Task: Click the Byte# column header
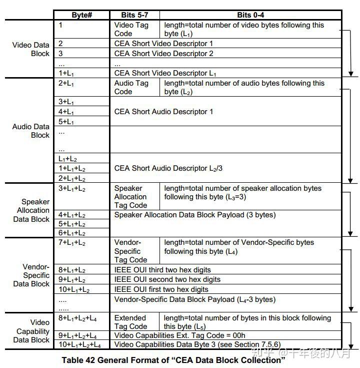click(x=81, y=15)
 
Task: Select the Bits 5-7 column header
click(x=134, y=15)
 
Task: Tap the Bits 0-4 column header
click(x=250, y=15)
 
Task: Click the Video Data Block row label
click(x=31, y=49)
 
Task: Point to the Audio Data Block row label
click(x=31, y=131)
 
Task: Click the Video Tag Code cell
click(x=131, y=29)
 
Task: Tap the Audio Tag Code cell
click(x=131, y=87)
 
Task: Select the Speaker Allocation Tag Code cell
click(x=130, y=197)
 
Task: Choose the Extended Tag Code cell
click(x=130, y=322)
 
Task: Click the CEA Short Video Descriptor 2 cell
click(x=163, y=54)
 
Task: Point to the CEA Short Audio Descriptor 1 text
click(x=163, y=112)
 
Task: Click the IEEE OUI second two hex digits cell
click(x=167, y=279)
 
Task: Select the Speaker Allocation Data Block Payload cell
click(x=195, y=215)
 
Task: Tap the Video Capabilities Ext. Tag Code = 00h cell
click(x=180, y=335)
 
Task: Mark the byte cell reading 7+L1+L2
click(x=72, y=243)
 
